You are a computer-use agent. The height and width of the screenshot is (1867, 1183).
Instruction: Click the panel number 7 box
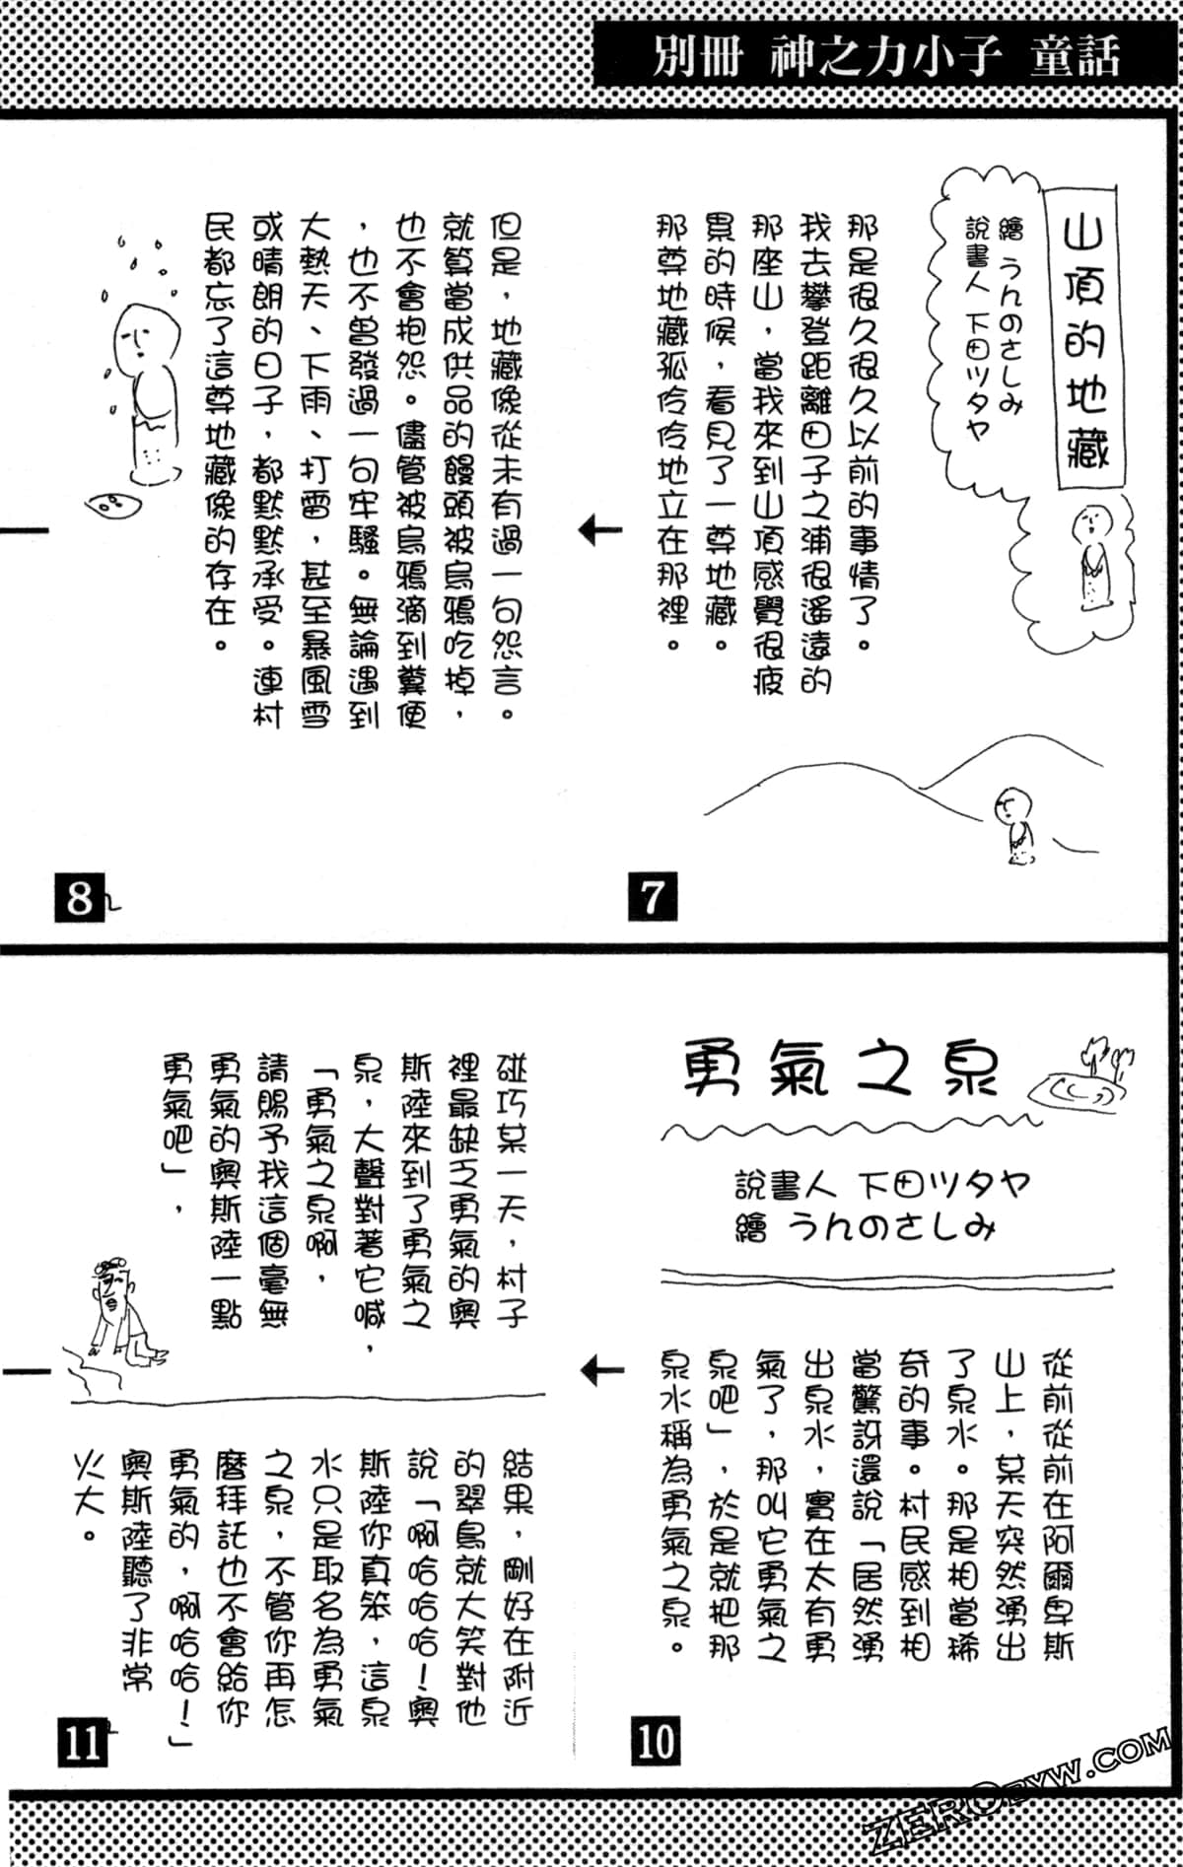pyautogui.click(x=652, y=898)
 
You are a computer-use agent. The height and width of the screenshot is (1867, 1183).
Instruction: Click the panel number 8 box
pyautogui.click(x=79, y=898)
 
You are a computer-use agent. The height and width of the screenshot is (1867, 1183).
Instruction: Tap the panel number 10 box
pyautogui.click(x=655, y=1741)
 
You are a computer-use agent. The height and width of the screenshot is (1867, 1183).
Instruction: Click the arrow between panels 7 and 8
pyautogui.click(x=600, y=531)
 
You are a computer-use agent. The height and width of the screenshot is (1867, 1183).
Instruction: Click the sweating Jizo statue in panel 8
pyautogui.click(x=143, y=394)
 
